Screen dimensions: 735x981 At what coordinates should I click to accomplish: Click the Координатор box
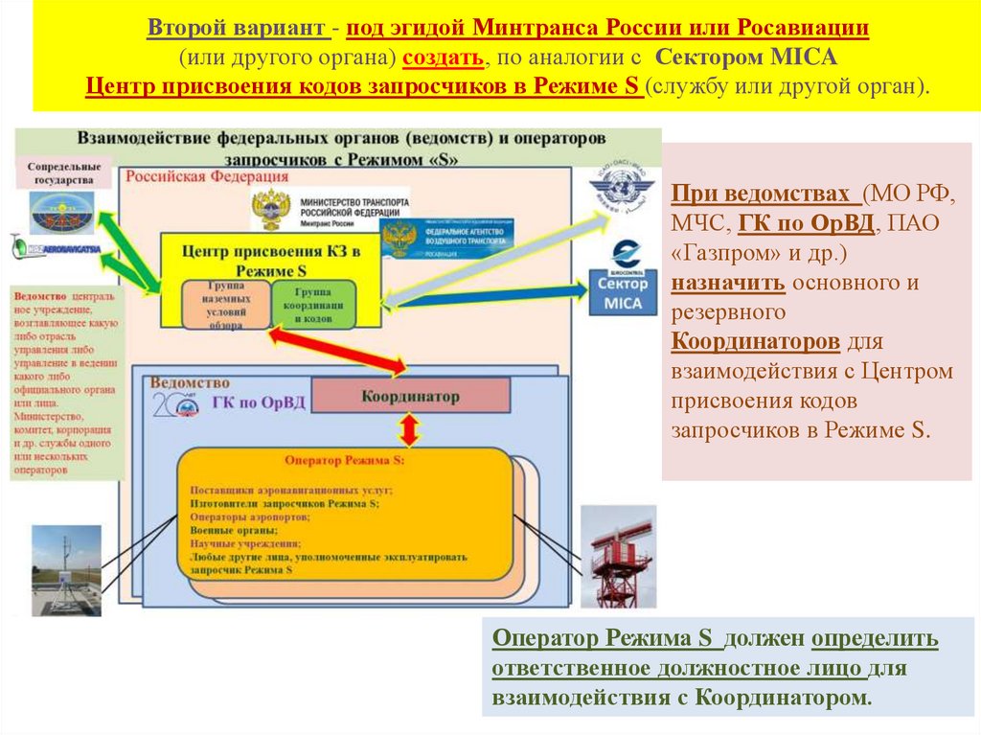point(410,396)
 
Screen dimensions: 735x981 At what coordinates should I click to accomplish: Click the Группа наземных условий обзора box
point(226,306)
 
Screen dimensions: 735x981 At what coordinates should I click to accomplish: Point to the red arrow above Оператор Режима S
point(410,428)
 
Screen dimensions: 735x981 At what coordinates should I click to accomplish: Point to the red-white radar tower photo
point(618,557)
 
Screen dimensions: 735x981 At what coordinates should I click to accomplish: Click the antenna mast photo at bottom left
point(66,569)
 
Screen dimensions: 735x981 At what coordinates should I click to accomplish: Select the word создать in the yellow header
point(442,57)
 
